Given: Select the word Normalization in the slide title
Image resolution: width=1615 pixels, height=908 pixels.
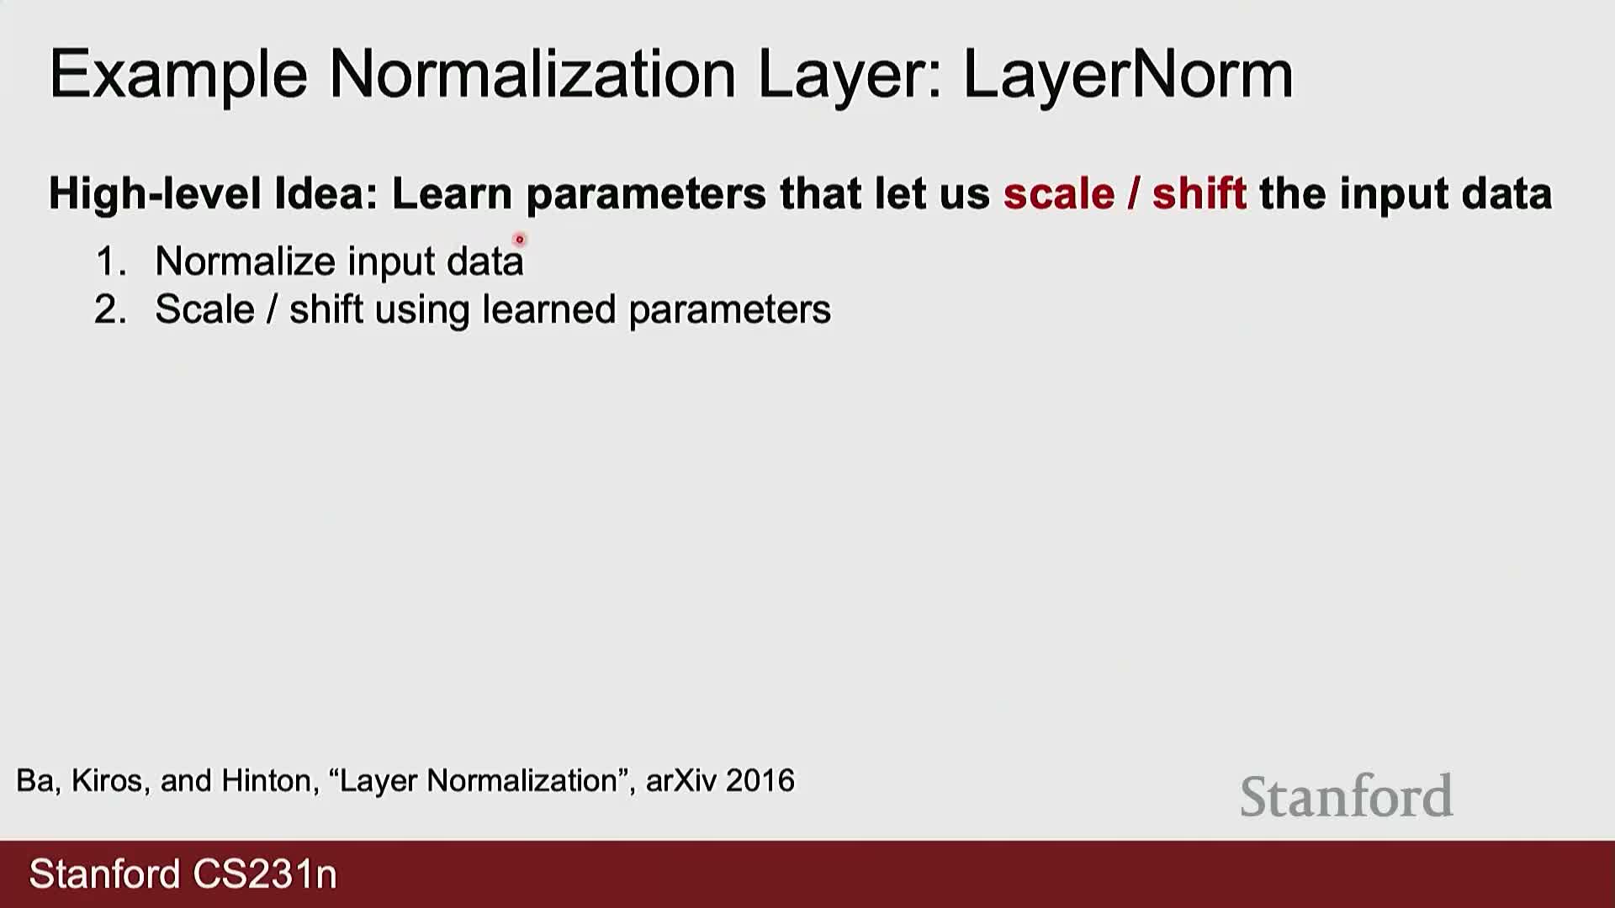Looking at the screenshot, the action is click(x=532, y=74).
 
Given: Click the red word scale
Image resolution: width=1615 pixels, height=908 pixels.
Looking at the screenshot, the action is click(x=1059, y=194).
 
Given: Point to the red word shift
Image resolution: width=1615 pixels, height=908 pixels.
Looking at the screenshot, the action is click(x=1199, y=193).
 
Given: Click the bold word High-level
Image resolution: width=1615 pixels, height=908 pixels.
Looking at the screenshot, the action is click(x=155, y=194).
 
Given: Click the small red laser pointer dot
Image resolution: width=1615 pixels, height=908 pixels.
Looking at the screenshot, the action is click(x=519, y=240).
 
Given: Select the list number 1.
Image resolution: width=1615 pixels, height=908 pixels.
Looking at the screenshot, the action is click(x=110, y=261).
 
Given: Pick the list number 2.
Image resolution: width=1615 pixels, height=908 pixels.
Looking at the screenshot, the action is click(x=110, y=309).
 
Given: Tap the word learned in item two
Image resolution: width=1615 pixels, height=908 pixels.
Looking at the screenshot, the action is click(x=549, y=309).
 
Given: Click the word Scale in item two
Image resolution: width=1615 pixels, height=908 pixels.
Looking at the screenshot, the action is click(x=204, y=309).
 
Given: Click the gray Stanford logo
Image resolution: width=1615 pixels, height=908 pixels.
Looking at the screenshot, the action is click(x=1347, y=796).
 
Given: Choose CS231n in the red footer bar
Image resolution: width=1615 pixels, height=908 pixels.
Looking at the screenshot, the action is click(x=265, y=874).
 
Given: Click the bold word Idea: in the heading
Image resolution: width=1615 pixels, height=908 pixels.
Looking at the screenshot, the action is click(x=326, y=194).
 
